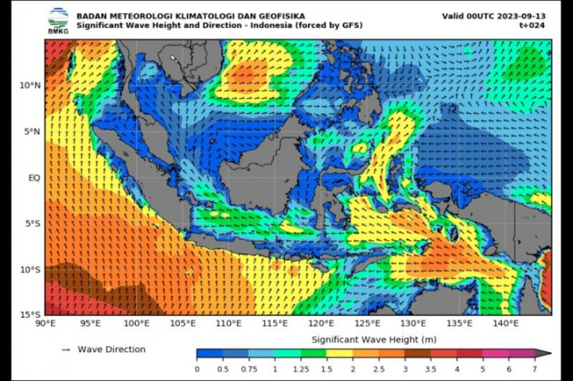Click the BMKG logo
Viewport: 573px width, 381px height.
(57, 20)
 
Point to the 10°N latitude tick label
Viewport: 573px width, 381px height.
(29, 85)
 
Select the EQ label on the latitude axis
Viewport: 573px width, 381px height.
(33, 178)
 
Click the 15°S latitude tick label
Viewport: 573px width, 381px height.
(29, 315)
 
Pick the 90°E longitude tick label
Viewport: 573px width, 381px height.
(45, 324)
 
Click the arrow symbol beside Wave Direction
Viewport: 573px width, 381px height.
(66, 349)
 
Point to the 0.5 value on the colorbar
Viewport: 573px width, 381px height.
(222, 369)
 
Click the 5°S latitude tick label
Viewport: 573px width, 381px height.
(32, 224)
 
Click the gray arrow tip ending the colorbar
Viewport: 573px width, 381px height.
(545, 354)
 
